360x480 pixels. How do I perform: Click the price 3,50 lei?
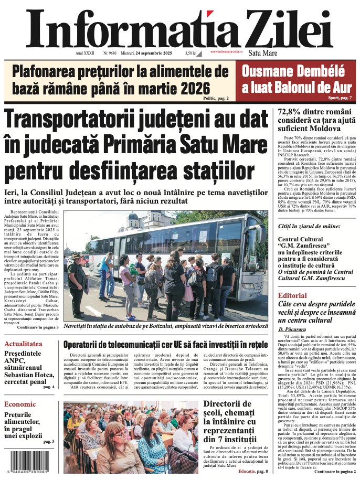[x=190, y=53]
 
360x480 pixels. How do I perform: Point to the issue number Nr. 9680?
[x=110, y=53]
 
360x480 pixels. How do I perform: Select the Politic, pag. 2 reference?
[x=216, y=98]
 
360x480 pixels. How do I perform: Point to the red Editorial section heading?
[x=292, y=295]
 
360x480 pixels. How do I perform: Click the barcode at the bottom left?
[x=30, y=463]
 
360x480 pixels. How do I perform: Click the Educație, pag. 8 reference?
[x=253, y=472]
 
